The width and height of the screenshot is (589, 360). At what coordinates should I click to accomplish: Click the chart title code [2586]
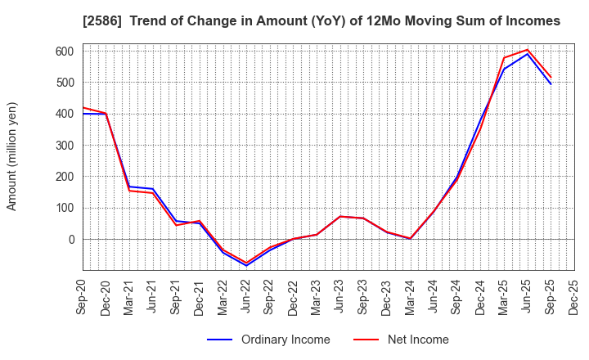[x=101, y=21]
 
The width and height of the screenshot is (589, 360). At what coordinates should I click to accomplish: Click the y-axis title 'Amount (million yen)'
[x=12, y=156]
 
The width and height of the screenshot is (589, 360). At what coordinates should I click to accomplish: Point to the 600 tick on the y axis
[x=65, y=51]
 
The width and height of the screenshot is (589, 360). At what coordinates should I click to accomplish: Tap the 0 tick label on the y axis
[x=71, y=239]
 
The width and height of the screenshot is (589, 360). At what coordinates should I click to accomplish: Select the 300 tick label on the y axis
[x=65, y=145]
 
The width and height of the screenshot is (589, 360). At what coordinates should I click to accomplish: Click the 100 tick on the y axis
[x=65, y=208]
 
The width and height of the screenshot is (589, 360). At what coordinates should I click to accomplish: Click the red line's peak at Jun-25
[x=528, y=50]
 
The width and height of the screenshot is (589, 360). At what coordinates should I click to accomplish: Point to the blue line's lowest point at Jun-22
[x=246, y=266]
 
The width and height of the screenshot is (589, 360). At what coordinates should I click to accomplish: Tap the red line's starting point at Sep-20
[x=83, y=108]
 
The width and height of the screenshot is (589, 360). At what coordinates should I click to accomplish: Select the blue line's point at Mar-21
[x=129, y=187]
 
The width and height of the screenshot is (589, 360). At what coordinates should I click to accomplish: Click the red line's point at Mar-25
[x=504, y=57]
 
